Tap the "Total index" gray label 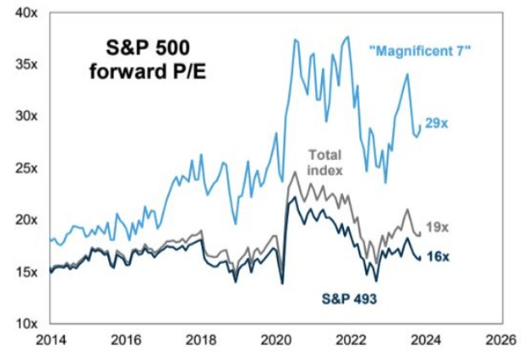pyautogui.click(x=324, y=163)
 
